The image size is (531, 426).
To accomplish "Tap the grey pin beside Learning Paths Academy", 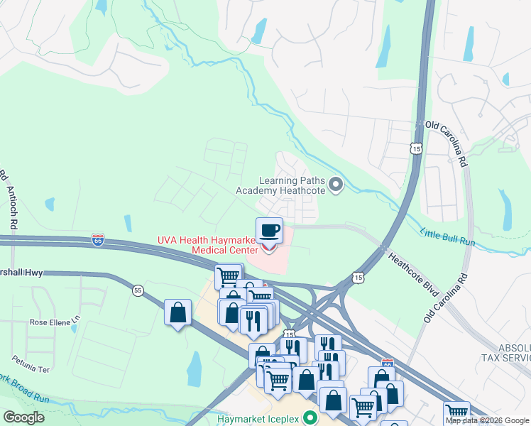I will pos(337,186).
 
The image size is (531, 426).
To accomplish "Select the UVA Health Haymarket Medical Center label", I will pos(217,245).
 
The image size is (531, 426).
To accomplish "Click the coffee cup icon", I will pos(270,230).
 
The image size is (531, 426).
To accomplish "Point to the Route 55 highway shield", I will pos(138,290).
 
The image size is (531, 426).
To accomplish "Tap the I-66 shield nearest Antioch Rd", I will pos(98,239).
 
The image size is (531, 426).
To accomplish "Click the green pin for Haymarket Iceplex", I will pos(309,417).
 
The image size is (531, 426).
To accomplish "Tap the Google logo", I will pos(23,417).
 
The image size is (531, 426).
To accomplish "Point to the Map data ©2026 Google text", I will pos(487,420).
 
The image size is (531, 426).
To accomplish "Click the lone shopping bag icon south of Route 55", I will pos(177,312).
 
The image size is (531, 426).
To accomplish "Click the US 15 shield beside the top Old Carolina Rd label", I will pos(416,148).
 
